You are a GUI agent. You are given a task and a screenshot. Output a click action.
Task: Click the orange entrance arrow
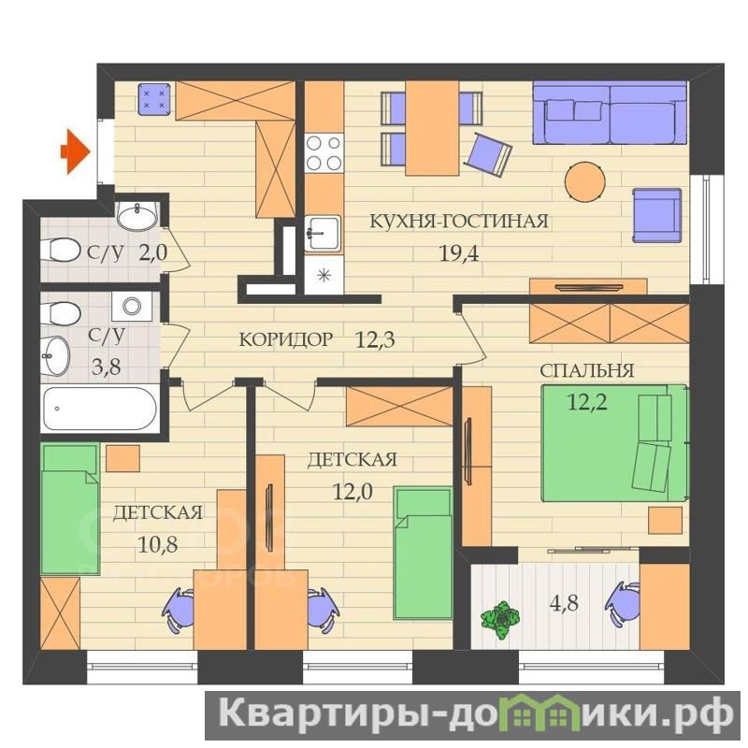pyautogui.click(x=75, y=151)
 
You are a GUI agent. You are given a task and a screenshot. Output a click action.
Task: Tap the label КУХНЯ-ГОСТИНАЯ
pyautogui.click(x=459, y=222)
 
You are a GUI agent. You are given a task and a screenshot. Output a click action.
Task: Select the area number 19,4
pyautogui.click(x=458, y=253)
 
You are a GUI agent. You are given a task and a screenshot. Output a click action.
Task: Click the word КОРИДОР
pyautogui.click(x=285, y=339)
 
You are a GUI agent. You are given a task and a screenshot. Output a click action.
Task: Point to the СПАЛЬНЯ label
pyautogui.click(x=587, y=370)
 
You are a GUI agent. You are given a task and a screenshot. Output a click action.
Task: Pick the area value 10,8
pyautogui.click(x=157, y=544)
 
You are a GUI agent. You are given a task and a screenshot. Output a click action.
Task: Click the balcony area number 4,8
pyautogui.click(x=564, y=603)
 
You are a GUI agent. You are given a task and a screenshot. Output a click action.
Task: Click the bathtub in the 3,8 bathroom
pyautogui.click(x=100, y=409)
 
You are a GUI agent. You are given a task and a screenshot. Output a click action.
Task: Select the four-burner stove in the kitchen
pyautogui.click(x=324, y=152)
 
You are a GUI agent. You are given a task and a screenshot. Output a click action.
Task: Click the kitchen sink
pyautogui.click(x=323, y=233)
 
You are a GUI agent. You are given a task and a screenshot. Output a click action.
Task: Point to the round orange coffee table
pyautogui.click(x=585, y=181)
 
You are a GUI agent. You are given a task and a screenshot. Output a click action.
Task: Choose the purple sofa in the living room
pyautogui.click(x=610, y=112)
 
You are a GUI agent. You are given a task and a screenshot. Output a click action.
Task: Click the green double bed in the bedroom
pyautogui.click(x=615, y=442)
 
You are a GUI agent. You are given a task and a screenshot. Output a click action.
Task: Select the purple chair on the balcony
pyautogui.click(x=622, y=603)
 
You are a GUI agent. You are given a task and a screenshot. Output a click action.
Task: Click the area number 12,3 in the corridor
pyautogui.click(x=375, y=339)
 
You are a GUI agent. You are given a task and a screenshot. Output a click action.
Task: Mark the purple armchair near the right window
pyautogui.click(x=657, y=216)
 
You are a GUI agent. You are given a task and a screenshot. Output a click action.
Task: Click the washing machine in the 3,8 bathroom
pyautogui.click(x=132, y=306)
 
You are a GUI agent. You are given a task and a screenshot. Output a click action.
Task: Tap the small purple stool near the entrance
pyautogui.click(x=154, y=99)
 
